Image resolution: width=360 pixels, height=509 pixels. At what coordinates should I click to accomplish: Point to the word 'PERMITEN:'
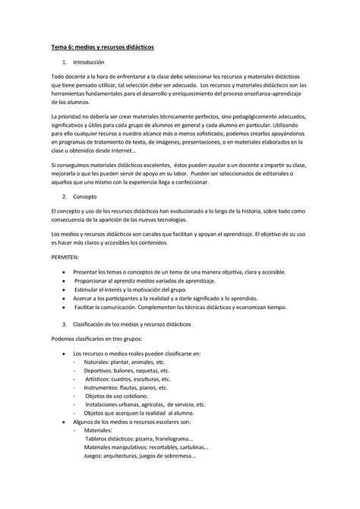click(65, 258)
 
